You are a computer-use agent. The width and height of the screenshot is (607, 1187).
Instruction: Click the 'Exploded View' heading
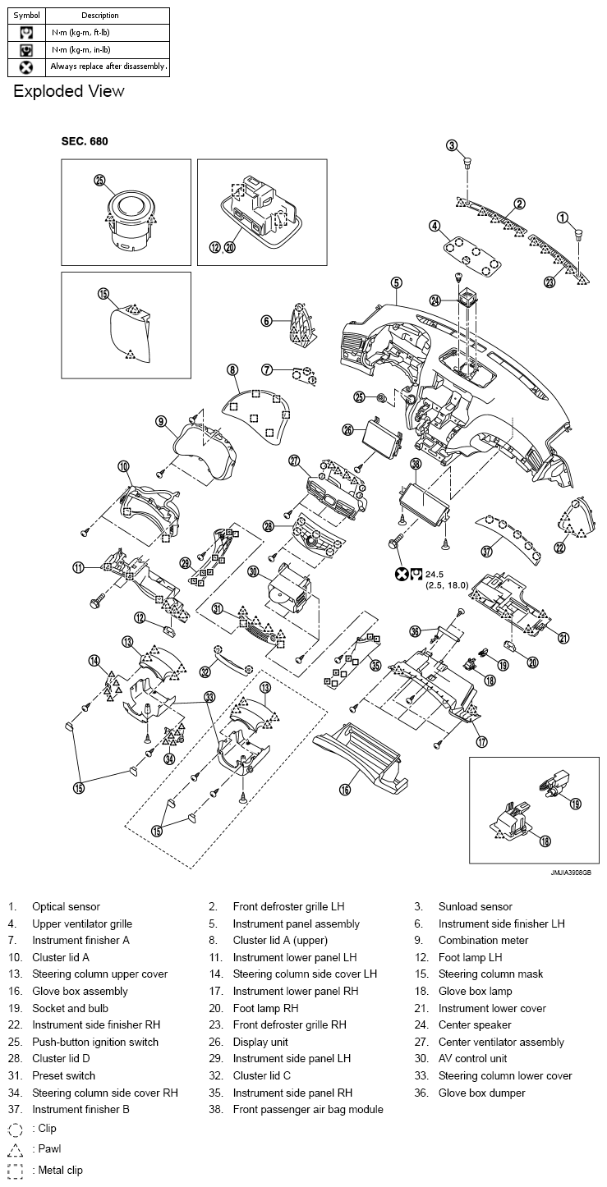(x=69, y=91)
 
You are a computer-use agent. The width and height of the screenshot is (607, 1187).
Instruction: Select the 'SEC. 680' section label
(x=85, y=141)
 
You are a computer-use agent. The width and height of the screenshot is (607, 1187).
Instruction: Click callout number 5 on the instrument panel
(x=396, y=283)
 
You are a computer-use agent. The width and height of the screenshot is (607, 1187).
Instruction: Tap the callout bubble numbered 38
(x=416, y=464)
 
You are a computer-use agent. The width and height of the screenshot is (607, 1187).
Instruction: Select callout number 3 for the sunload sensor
(x=452, y=145)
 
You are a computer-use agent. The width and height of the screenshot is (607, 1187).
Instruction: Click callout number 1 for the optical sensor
(x=563, y=218)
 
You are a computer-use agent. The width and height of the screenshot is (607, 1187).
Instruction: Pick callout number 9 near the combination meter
(x=162, y=421)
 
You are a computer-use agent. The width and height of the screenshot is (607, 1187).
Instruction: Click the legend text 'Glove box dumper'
(x=481, y=1093)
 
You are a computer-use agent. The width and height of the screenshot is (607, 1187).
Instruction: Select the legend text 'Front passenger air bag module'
(x=308, y=1110)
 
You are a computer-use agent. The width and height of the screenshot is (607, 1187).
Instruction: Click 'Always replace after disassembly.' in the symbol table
(x=108, y=66)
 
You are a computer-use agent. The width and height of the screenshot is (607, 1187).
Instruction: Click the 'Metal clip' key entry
(x=57, y=1171)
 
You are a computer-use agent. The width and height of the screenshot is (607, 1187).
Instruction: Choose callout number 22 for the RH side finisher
(x=559, y=548)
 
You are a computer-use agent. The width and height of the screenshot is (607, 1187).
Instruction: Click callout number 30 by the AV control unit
(x=253, y=571)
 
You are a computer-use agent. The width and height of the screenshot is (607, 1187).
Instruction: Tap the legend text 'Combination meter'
(x=483, y=940)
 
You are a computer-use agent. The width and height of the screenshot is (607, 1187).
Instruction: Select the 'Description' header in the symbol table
(x=100, y=15)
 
